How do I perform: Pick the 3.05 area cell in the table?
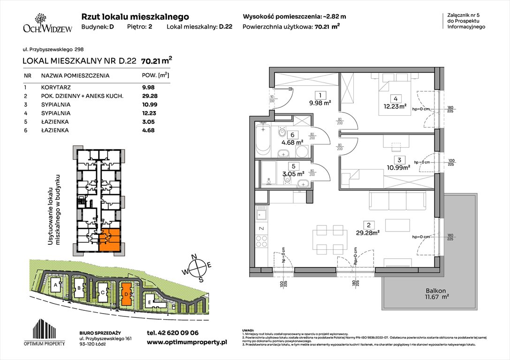pos(149,122)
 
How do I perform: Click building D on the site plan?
pos(126,293)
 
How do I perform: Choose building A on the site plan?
pos(56,285)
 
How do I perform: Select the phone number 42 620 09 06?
pos(173,333)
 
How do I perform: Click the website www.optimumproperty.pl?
pos(187,343)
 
